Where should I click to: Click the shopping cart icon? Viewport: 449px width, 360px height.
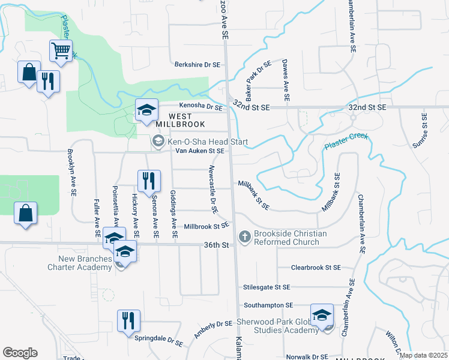[61, 52]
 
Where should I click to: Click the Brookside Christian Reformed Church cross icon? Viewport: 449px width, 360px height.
[244, 238]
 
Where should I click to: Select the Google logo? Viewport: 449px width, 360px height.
[20, 353]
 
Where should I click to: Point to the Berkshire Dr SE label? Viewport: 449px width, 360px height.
[199, 64]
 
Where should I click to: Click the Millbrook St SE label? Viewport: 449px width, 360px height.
[206, 227]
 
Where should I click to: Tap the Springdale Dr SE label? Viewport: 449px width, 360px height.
[158, 341]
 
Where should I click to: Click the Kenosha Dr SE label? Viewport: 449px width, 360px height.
[197, 106]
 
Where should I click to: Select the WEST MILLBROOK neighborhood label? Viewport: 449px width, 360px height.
[180, 119]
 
